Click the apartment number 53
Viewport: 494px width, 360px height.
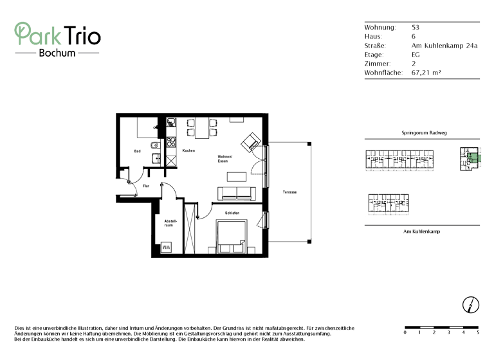tap(415, 28)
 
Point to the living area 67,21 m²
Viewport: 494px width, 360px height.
tap(426, 73)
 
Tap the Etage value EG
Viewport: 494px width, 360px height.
tap(416, 55)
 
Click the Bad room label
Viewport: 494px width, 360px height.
tap(137, 151)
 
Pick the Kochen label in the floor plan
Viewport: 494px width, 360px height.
tap(188, 150)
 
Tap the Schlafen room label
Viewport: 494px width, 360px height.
tap(232, 213)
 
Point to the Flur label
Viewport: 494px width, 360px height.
tap(146, 186)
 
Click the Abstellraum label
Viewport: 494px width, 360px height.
tap(169, 223)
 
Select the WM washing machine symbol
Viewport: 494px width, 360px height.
tap(166, 248)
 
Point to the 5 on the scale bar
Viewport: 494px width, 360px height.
tap(477, 332)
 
